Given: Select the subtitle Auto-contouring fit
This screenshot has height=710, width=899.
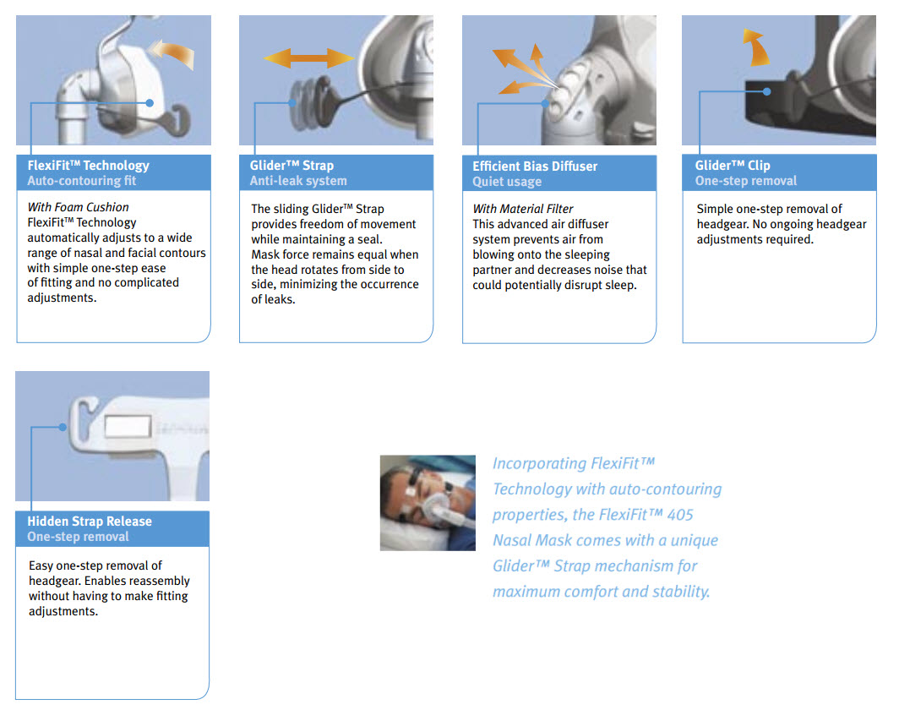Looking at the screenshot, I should [x=81, y=181].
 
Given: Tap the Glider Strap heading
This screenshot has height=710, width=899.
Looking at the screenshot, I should [x=291, y=166].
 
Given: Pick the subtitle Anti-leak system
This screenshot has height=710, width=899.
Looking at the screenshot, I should [x=297, y=181].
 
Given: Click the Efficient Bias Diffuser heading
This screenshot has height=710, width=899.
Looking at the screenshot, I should [x=534, y=167].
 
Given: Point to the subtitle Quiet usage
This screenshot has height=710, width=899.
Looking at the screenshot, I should [x=507, y=182].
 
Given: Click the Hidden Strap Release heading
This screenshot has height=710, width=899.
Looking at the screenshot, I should [x=90, y=522].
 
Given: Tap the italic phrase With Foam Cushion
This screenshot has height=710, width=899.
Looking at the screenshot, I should [x=79, y=208].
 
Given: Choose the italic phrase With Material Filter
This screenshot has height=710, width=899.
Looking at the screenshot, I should [x=523, y=209].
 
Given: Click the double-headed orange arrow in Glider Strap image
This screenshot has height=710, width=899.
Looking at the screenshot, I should [x=308, y=58].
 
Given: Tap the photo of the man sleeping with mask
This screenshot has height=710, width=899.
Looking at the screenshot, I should [x=428, y=503].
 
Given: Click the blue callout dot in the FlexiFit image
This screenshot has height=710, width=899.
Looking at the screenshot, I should [x=150, y=103].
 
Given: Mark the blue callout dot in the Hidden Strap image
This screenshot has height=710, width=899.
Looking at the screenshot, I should [x=62, y=428].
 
